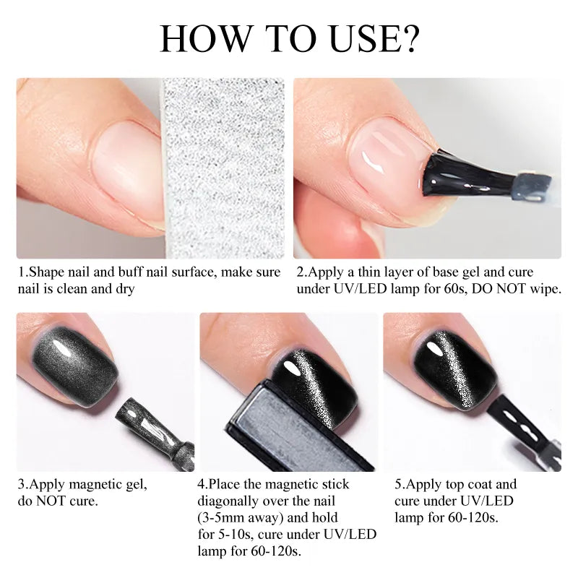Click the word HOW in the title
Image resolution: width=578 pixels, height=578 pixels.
(x=205, y=38)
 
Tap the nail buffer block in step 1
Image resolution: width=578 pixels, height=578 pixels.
(x=224, y=168)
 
